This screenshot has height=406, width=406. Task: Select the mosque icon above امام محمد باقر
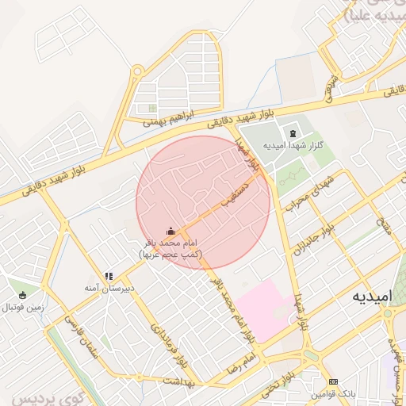coord(171,231)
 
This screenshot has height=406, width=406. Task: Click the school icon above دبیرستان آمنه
coord(109,276)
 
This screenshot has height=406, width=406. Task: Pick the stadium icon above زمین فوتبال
coord(23,294)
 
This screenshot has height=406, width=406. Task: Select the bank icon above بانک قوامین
coord(332,381)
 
